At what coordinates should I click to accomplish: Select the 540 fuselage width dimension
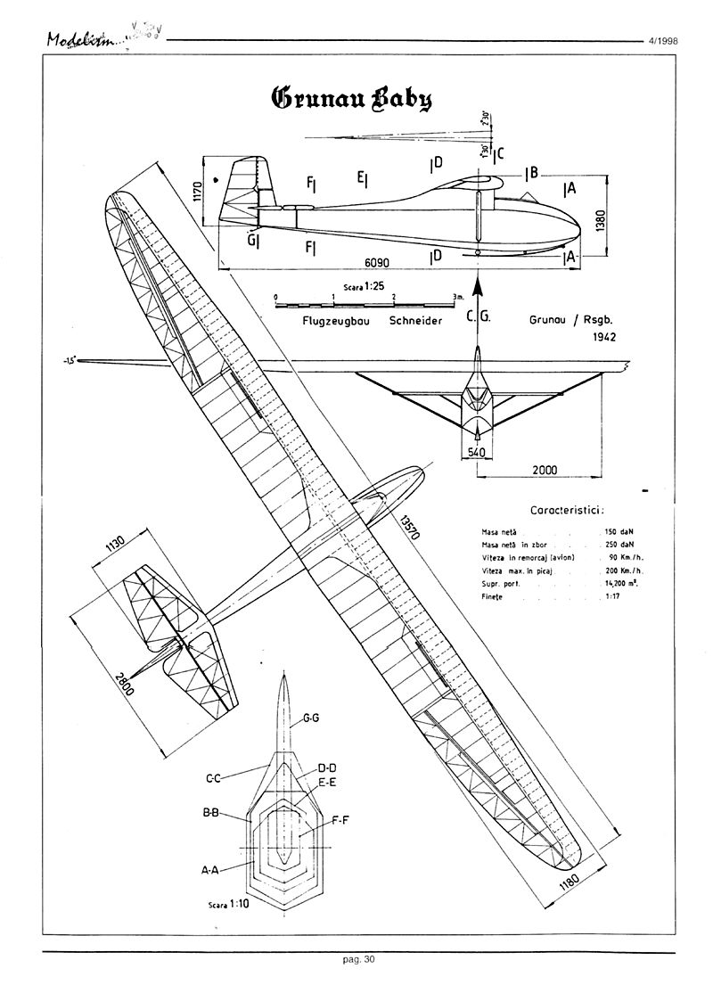pos(477,453)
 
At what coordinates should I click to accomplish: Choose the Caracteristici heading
pos(567,511)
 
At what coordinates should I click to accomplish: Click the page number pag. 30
pos(358,959)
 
